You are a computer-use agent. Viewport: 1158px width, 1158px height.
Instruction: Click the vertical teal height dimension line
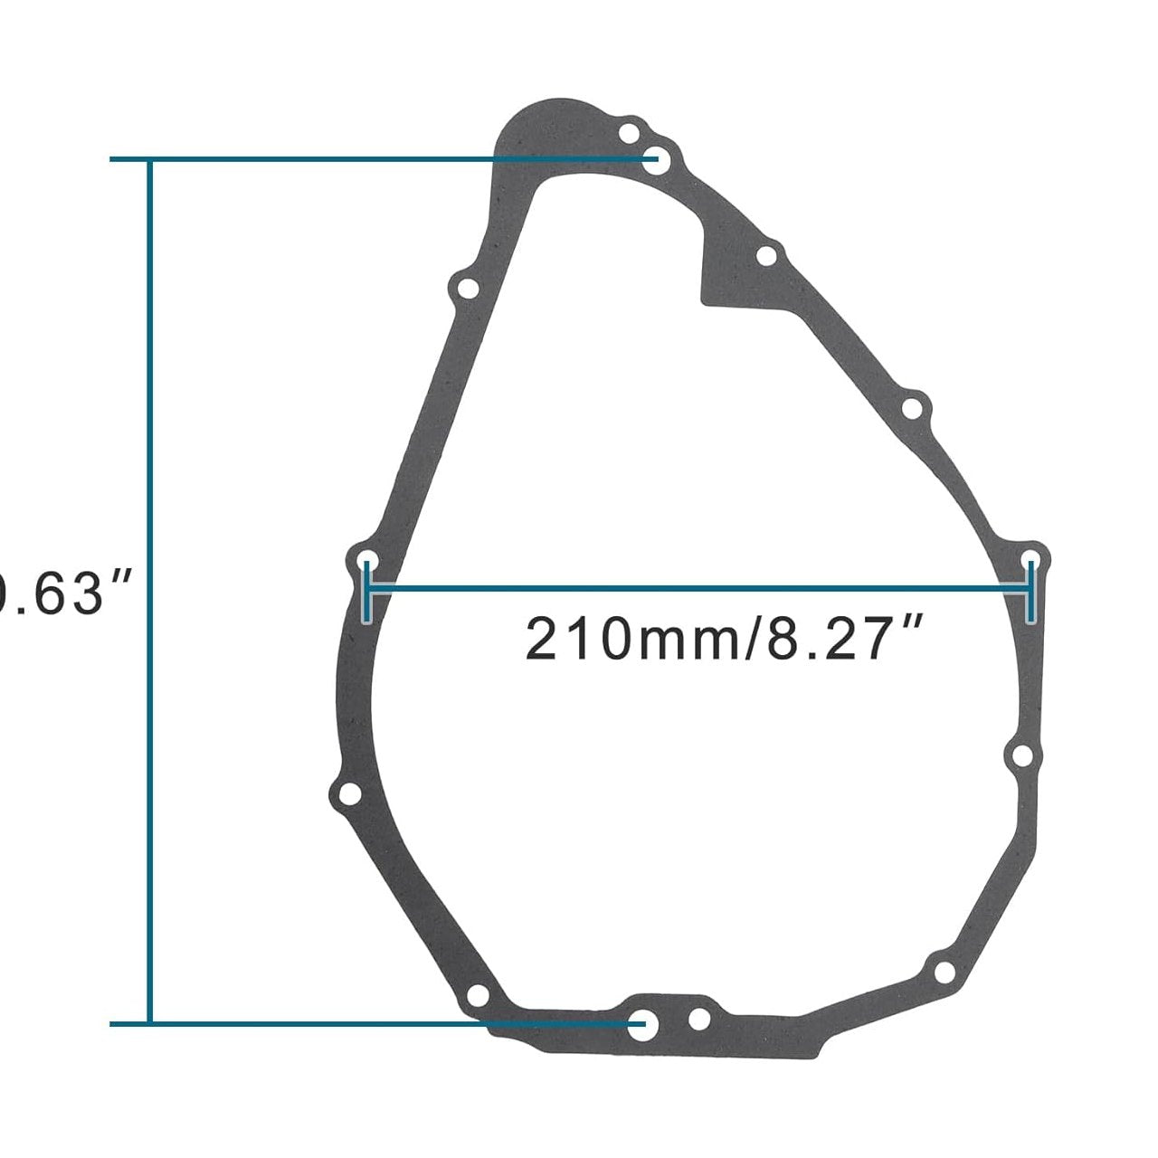pos(151,588)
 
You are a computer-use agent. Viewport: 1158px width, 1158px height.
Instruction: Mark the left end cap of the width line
pos(366,591)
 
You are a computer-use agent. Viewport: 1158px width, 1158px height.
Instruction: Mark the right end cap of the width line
pos(1030,591)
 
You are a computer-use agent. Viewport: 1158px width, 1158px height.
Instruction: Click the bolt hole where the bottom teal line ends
pos(644,1024)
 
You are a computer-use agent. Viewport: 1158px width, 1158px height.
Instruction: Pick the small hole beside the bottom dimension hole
pos(699,1020)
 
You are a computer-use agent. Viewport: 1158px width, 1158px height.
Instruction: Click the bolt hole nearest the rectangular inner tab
pos(766,256)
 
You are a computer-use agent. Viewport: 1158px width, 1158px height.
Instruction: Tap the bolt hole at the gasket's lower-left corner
pos(349,794)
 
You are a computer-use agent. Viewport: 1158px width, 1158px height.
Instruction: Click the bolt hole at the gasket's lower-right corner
pos(944,973)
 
